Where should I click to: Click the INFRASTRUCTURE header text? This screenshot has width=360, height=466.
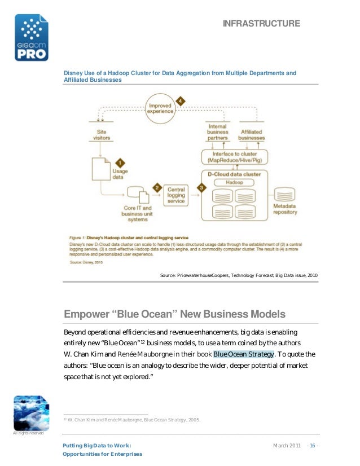coord(261,23)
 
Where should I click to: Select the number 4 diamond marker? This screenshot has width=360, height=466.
coord(180,100)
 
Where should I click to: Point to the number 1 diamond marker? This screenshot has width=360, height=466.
coord(119,161)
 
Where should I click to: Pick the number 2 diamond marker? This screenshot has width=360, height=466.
coord(158,187)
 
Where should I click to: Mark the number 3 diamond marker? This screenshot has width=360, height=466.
coord(200,187)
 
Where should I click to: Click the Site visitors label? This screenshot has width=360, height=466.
coord(101,134)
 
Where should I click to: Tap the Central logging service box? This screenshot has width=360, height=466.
coord(176,195)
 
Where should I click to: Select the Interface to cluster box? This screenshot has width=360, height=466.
coord(234,156)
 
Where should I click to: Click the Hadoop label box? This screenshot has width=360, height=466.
coord(235,182)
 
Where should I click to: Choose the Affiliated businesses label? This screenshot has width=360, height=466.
coord(251,134)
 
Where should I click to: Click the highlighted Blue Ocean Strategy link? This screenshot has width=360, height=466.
coord(243,354)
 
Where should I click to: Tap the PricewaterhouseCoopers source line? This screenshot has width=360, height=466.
coord(239,275)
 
